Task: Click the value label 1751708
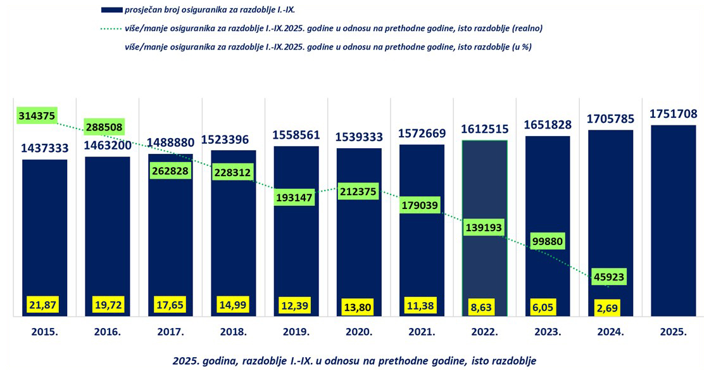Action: [x=673, y=114]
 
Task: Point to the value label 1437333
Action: [x=44, y=148]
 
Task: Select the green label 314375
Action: [x=37, y=115]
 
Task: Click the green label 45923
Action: [x=610, y=277]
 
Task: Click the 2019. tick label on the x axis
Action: [x=296, y=331]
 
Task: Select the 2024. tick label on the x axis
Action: [x=610, y=331]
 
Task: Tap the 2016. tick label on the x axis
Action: [x=107, y=331]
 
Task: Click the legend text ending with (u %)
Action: [x=327, y=47]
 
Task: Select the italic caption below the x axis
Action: [x=354, y=360]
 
